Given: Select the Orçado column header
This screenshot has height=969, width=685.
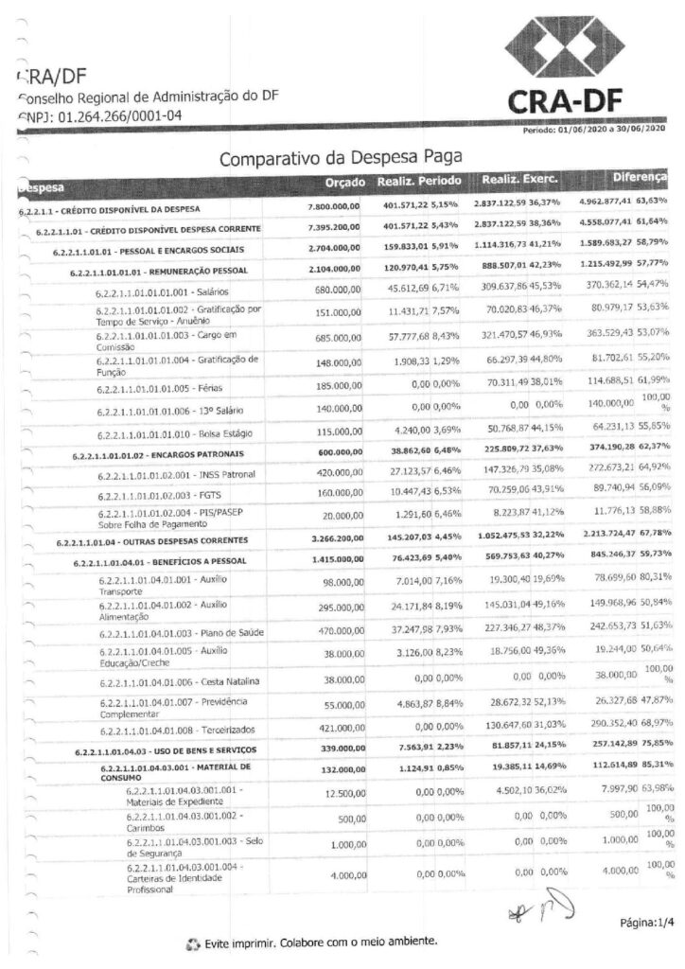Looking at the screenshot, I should point(343,180).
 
